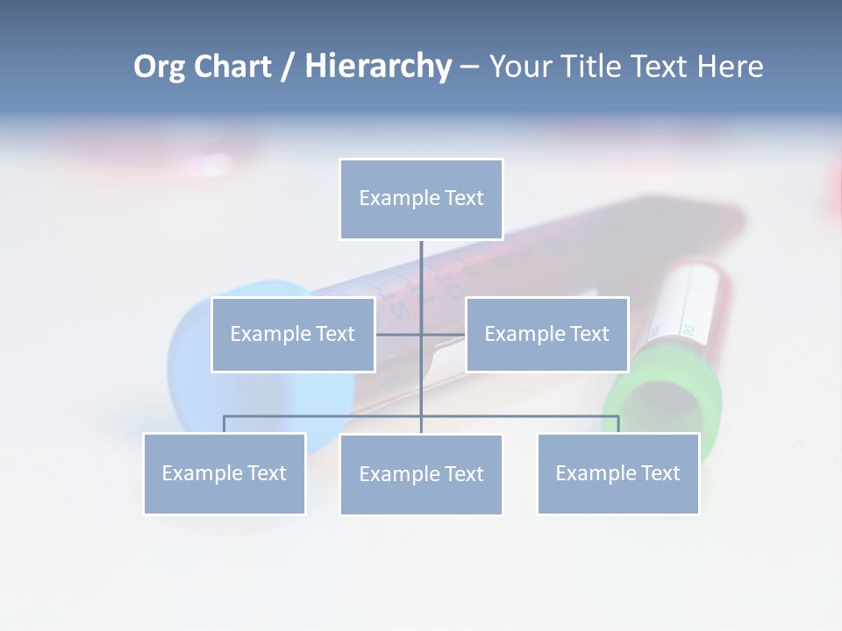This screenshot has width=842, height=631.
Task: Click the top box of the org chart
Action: tap(421, 199)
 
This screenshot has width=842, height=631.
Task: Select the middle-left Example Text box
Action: tap(293, 334)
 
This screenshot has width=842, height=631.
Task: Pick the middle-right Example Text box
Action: tap(546, 334)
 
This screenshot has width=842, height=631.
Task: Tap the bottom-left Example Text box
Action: tap(224, 473)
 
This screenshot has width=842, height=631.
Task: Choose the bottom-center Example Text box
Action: tap(421, 474)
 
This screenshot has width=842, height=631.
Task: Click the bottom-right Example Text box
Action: tap(617, 473)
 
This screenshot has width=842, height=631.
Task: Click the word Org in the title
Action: tap(159, 67)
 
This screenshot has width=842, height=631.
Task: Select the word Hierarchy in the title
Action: tap(378, 67)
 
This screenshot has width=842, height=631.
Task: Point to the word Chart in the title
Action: tap(233, 67)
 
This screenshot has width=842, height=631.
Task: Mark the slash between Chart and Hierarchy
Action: tap(287, 67)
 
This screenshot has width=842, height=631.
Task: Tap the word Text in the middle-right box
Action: tap(589, 334)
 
